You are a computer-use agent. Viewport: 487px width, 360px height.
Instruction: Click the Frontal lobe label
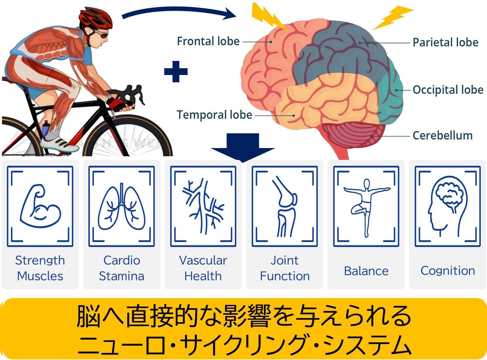tap(208, 41)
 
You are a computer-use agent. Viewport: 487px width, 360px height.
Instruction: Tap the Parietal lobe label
tap(445, 42)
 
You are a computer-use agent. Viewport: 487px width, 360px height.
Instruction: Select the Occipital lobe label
tap(448, 90)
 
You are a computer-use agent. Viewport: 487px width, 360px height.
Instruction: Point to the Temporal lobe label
tap(214, 115)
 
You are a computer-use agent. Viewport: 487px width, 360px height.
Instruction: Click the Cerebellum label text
tap(442, 136)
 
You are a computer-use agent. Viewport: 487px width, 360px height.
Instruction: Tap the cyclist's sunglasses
tap(101, 34)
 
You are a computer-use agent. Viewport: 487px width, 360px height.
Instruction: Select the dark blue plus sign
tap(176, 71)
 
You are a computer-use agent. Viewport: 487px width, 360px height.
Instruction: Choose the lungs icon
tap(121, 207)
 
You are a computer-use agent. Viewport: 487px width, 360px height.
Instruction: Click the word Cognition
tap(447, 271)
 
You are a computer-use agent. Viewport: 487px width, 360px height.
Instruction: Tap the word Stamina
tap(121, 276)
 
